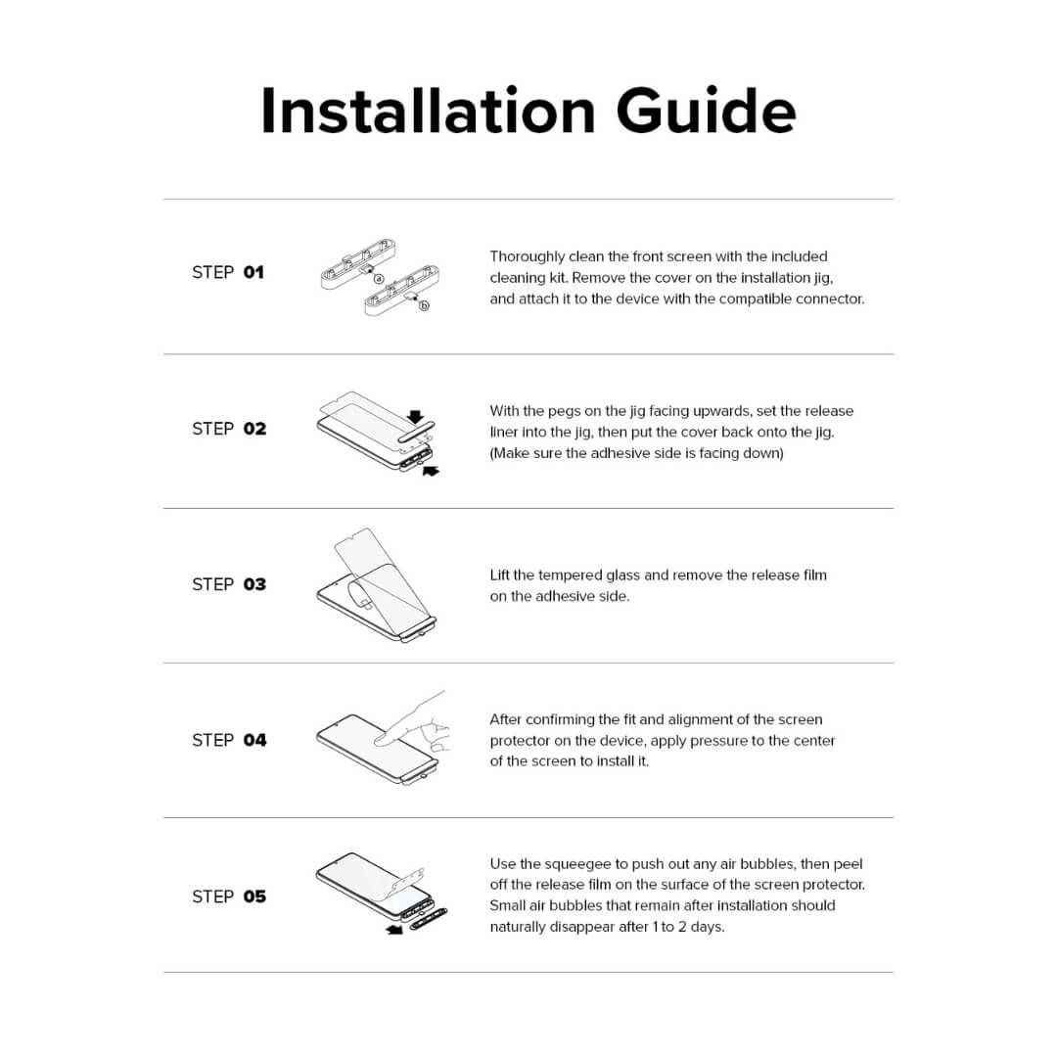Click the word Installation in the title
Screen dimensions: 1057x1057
[x=429, y=111]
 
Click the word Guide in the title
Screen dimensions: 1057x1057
[x=706, y=111]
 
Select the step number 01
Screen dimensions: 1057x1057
[x=253, y=272]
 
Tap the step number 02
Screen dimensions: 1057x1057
[x=254, y=429]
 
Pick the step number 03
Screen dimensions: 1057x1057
[x=254, y=584]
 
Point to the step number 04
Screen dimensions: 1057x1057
[x=254, y=740]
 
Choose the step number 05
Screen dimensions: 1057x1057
[x=254, y=896]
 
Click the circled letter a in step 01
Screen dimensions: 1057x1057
[x=378, y=278]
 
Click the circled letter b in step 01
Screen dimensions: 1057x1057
[x=424, y=305]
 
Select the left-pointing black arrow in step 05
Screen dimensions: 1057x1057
[x=394, y=930]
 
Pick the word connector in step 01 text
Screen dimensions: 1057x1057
[x=828, y=299]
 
